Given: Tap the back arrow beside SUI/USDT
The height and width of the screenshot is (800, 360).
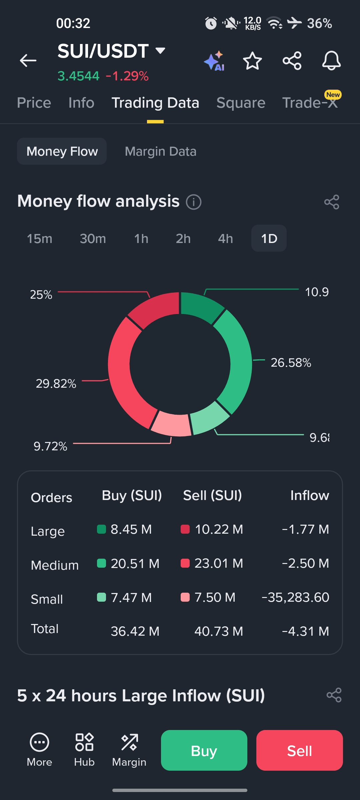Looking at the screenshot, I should click(x=28, y=61).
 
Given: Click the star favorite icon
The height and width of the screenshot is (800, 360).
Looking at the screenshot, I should click(x=252, y=61).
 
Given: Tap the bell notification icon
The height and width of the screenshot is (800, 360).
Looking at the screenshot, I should click(x=331, y=61).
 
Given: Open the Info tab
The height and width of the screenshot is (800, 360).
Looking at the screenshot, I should click(x=81, y=103).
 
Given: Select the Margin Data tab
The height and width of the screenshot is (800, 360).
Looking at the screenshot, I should click(x=160, y=151).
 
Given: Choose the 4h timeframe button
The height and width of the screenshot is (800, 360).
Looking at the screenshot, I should click(x=225, y=239).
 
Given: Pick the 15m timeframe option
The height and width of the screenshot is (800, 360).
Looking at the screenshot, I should click(x=40, y=239).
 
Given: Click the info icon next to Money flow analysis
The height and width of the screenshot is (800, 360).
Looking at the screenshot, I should click(x=194, y=202).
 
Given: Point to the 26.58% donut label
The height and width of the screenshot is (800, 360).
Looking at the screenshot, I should click(x=291, y=363).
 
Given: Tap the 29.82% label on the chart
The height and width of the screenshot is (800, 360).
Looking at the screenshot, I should click(x=56, y=384).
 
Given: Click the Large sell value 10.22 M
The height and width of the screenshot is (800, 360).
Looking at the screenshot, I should click(x=219, y=529).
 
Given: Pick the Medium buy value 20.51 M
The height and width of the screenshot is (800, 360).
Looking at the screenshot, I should click(x=135, y=564).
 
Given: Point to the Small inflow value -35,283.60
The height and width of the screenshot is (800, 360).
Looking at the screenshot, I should click(x=295, y=597).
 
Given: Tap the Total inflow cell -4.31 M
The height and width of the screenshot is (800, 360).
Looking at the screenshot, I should click(x=305, y=631).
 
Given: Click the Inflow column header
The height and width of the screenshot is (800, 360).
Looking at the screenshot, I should click(x=309, y=496).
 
